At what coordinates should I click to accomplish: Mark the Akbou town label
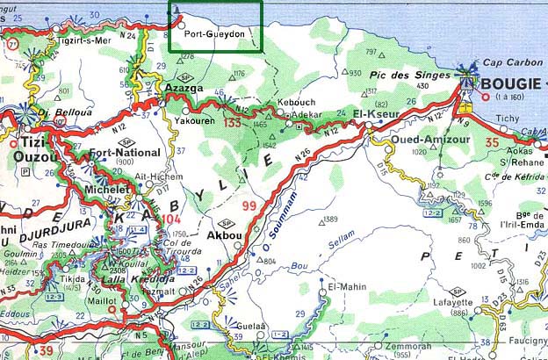(222, 236)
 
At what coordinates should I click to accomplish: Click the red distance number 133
(232, 123)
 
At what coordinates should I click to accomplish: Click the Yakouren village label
(194, 122)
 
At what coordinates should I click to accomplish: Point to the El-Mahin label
(345, 286)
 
